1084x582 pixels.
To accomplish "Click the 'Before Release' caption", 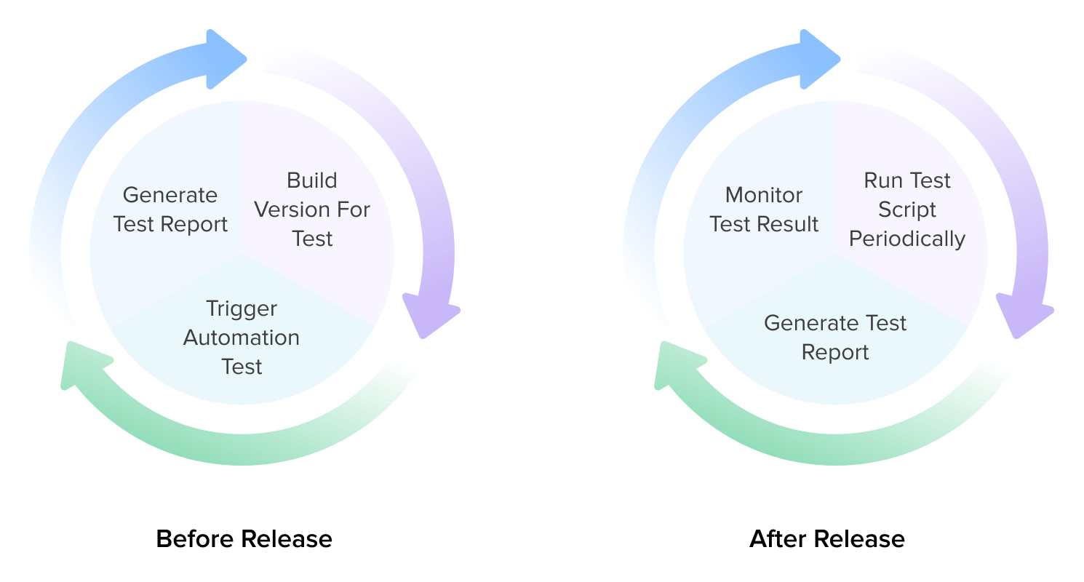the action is [244, 539].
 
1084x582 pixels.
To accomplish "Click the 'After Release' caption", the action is [827, 539].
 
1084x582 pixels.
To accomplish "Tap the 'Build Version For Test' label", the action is [312, 210].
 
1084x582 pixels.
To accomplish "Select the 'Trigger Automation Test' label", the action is [242, 338].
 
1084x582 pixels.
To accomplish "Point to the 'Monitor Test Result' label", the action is [764, 210].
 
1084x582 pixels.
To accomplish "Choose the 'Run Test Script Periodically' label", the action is [907, 210].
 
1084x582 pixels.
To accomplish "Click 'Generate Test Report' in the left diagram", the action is [170, 210].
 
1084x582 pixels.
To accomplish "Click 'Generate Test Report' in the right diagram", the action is [835, 338].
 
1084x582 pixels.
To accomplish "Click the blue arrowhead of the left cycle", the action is [225, 60].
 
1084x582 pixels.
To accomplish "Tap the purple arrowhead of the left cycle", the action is [429, 314].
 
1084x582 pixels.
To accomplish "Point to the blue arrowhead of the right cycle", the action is [818, 60].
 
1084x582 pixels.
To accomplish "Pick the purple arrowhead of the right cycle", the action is [1022, 314].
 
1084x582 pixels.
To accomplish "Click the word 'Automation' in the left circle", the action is [242, 338].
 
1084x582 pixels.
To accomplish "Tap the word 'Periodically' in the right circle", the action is [907, 239].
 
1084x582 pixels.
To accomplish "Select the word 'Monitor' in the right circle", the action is [764, 195].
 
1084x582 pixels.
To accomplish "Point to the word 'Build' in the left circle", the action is [312, 180].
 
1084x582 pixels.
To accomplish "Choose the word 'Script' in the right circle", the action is [907, 210].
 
